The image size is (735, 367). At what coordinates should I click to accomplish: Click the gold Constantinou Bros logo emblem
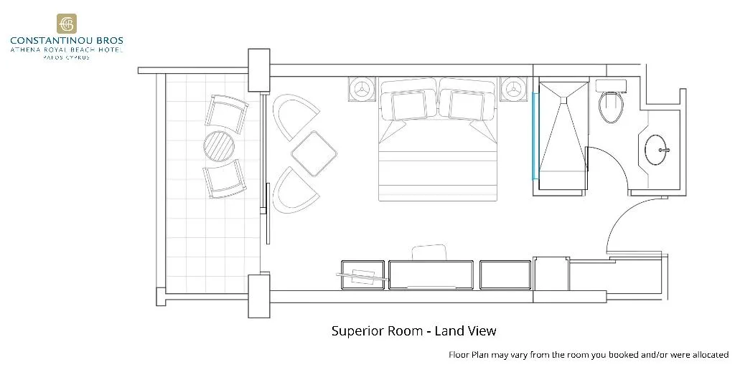[67, 24]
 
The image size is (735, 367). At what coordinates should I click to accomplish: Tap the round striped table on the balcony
[219, 146]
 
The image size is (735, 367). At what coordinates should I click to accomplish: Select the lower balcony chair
[225, 178]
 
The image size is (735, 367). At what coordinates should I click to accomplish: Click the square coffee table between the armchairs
[314, 153]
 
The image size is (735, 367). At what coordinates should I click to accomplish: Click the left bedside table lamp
[362, 88]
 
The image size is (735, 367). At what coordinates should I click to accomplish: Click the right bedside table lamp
[514, 88]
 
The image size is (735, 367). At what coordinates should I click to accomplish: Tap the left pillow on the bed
[408, 105]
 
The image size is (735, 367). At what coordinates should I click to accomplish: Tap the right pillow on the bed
[467, 105]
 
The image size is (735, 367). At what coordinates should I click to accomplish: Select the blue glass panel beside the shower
[534, 136]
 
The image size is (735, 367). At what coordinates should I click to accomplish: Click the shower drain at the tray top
[563, 99]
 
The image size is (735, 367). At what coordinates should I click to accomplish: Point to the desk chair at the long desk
[429, 252]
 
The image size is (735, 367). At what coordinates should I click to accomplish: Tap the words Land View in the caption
[465, 331]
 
